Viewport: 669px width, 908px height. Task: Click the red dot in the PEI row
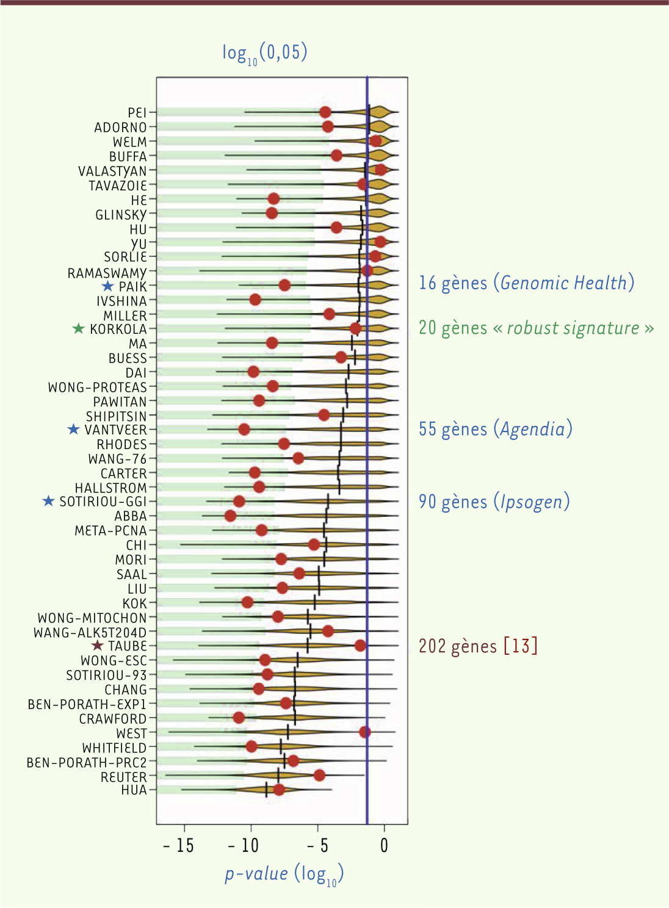[325, 112]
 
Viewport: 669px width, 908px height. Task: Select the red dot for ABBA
[230, 516]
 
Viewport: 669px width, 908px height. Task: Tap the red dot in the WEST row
[364, 732]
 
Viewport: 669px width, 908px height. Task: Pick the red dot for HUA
[279, 790]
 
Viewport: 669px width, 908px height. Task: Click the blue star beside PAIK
[108, 286]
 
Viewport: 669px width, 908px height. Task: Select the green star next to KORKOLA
[79, 329]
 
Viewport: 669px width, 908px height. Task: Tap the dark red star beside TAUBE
[97, 646]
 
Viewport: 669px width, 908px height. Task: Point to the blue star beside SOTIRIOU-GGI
[49, 501]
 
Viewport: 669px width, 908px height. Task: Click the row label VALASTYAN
[113, 171]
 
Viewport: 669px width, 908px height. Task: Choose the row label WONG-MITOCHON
[92, 618]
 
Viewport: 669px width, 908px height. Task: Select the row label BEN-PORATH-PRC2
[87, 763]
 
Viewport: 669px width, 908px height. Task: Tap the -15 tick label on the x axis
[178, 846]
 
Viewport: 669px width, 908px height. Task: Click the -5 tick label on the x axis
[317, 846]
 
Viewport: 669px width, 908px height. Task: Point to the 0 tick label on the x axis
[384, 846]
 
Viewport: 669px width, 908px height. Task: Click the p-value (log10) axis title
[284, 874]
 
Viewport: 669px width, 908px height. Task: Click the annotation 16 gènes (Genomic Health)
[526, 283]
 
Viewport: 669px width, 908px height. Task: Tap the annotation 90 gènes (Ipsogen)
[494, 502]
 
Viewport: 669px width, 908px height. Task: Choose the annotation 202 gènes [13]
[478, 646]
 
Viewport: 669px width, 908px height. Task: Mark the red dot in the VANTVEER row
[244, 429]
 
